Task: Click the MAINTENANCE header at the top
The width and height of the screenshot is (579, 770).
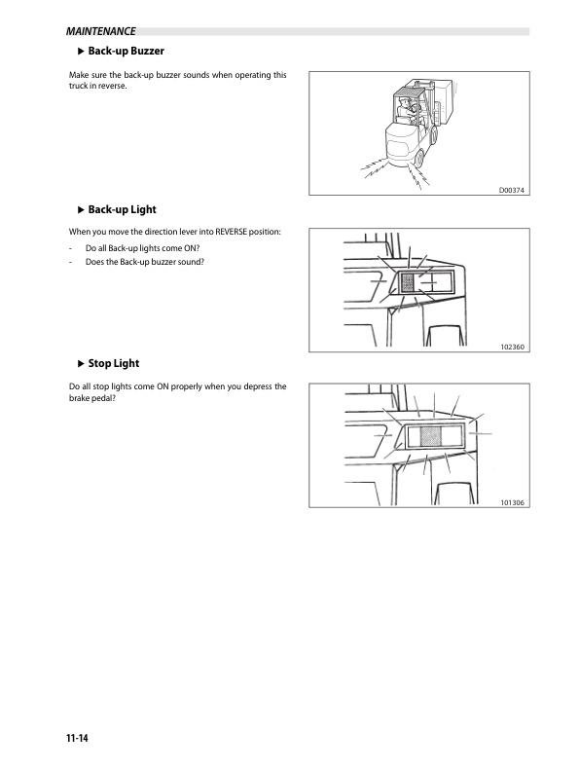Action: point(100,31)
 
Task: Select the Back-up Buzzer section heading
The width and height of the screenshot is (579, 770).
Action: point(126,51)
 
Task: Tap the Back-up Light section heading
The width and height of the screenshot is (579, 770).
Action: point(122,209)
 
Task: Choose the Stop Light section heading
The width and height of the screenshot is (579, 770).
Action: point(114,363)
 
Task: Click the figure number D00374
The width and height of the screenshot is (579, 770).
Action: point(511,190)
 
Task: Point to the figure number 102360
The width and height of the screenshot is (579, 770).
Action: point(512,347)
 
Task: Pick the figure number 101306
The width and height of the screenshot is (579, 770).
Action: point(512,502)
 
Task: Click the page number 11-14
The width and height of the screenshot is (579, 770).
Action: point(77,738)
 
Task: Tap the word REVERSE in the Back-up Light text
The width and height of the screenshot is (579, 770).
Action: point(231,232)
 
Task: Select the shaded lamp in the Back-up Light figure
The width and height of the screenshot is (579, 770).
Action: point(407,283)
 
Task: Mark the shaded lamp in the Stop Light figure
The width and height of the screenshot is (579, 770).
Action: point(431,436)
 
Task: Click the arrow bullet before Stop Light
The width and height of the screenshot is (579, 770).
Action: point(82,364)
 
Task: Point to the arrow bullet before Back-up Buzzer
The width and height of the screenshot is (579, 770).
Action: point(82,51)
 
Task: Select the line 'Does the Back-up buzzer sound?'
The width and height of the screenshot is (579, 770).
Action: point(144,262)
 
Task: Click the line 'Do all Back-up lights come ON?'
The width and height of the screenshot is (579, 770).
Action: point(142,248)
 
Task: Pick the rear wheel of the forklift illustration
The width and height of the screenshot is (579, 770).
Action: point(418,158)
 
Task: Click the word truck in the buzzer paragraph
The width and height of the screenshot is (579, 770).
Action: point(77,86)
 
